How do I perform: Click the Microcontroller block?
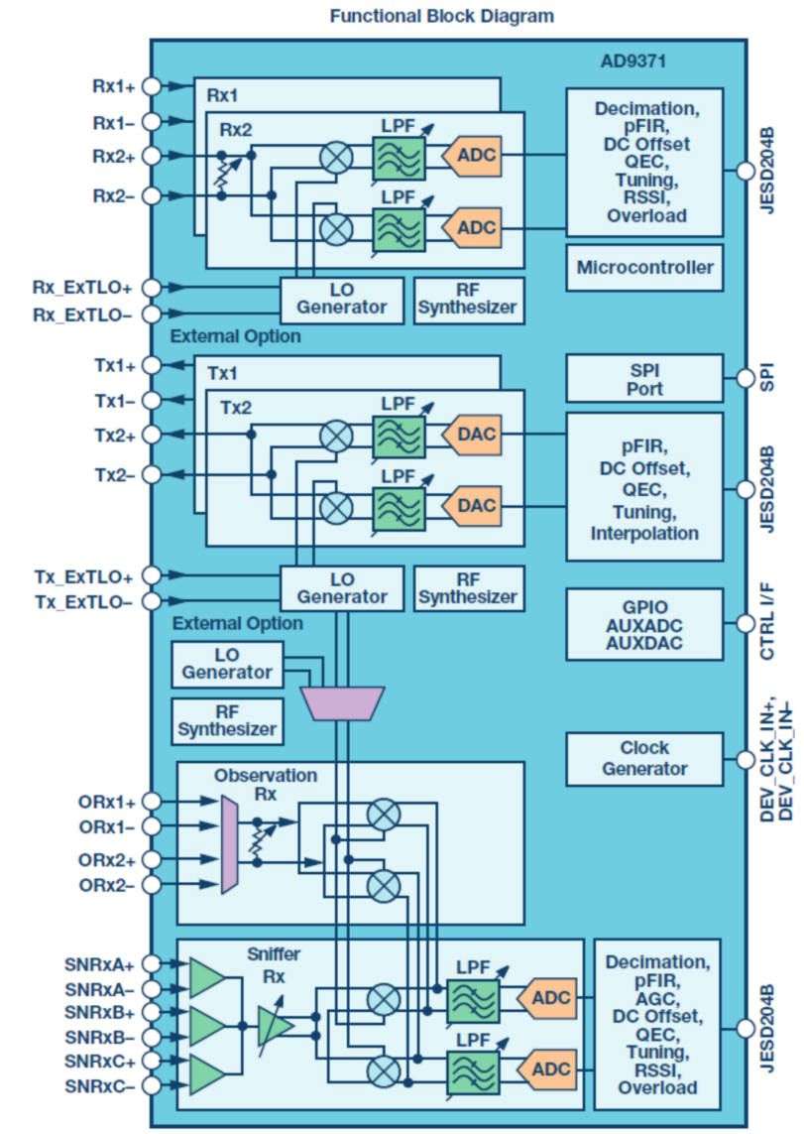644,268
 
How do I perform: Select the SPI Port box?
644,378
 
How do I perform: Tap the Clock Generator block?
644,758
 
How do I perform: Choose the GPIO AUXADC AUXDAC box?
644,624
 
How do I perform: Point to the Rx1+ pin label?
113,87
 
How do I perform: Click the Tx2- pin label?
115,474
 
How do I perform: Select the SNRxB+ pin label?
100,1012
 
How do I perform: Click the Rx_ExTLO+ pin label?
83,288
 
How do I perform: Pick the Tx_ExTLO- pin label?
84,602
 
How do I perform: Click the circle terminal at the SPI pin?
745,378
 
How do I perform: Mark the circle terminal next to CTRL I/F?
745,624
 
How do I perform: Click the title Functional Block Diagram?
441,16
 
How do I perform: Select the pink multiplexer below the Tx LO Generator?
343,702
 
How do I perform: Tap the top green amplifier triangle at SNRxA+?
206,977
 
